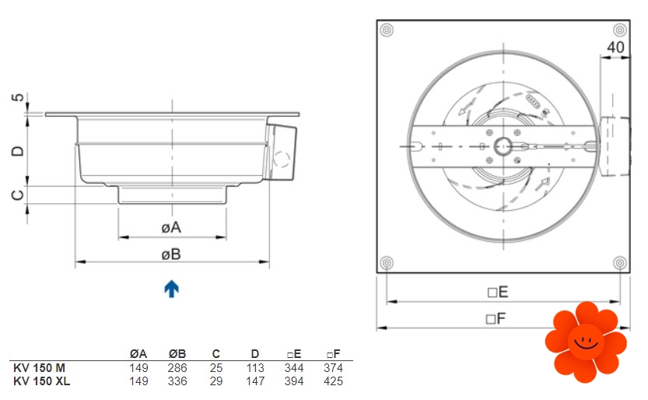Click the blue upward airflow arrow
[x=171, y=289]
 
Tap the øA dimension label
[x=171, y=227]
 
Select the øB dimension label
[x=171, y=254]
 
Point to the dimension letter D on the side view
[x=17, y=151]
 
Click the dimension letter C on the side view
[x=17, y=195]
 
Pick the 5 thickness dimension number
[x=17, y=97]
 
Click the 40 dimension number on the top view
[x=615, y=47]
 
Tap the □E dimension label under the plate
[x=498, y=292]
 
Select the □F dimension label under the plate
[x=496, y=318]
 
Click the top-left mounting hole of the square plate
[x=387, y=30]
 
